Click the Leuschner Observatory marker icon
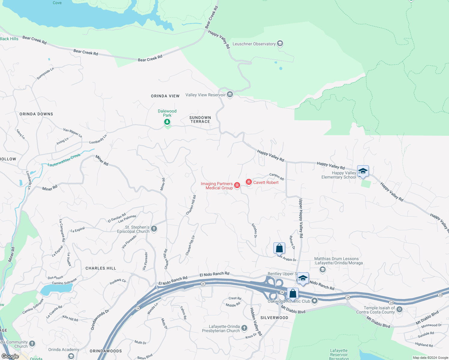pos(280,44)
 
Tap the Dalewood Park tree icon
pos(167,122)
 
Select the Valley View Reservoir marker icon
pos(230,95)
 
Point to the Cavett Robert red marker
pos(249,182)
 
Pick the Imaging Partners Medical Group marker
pos(237,185)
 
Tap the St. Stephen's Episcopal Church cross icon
pos(154,229)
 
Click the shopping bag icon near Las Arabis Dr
pos(279,248)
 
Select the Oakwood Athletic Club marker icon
pos(315,301)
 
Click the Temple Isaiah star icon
pos(399,309)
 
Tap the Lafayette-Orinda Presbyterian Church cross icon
pos(244,328)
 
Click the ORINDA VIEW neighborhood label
pos(165,96)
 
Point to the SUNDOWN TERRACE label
pos(200,119)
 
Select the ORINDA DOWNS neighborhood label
pos(36,114)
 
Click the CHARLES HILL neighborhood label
pos(101,268)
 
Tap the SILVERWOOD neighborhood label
pos(274,318)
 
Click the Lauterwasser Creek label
pos(64,160)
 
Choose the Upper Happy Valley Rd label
pos(300,218)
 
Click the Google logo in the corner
pos(10,356)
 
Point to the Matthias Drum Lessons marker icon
pos(323,269)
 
